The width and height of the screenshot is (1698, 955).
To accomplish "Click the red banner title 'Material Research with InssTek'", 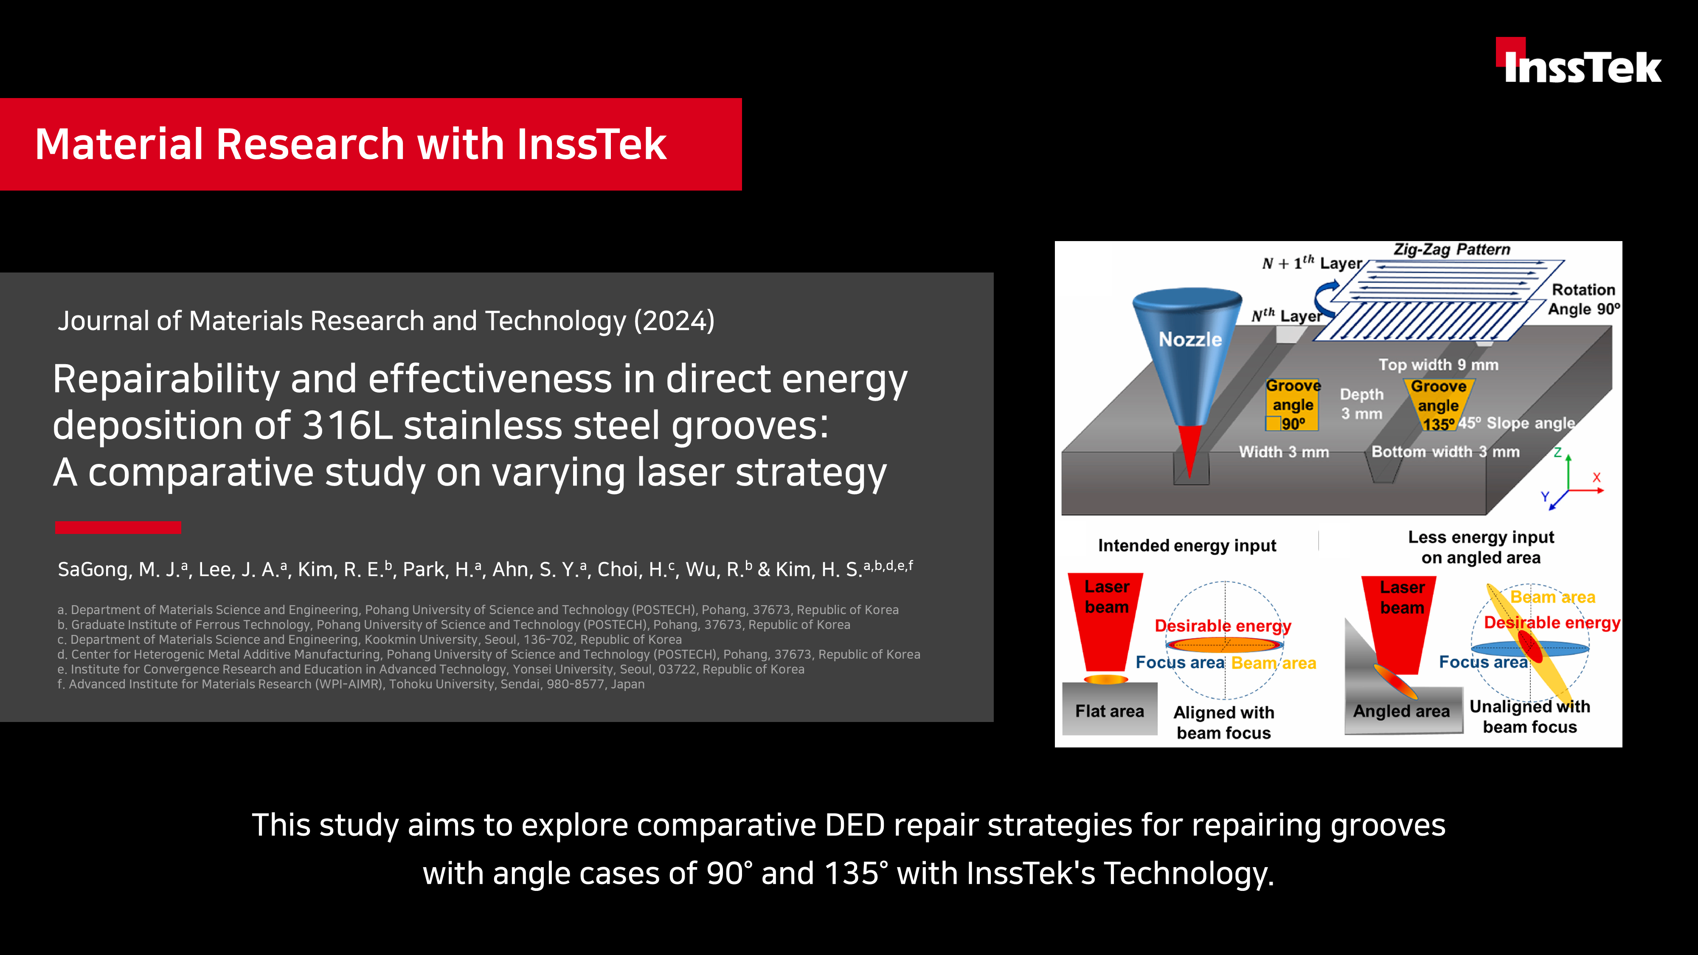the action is [x=351, y=144].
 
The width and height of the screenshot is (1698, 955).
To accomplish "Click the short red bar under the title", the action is [x=118, y=527].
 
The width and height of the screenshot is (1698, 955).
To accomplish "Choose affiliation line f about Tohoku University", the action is [x=351, y=684].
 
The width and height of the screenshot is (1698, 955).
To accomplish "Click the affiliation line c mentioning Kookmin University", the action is [x=369, y=639].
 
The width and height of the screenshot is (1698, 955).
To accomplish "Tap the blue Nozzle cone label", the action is [x=1190, y=340].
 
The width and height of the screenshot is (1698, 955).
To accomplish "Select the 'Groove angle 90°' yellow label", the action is [x=1293, y=404].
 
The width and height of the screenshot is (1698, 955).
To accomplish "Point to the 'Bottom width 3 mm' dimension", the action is [x=1445, y=452].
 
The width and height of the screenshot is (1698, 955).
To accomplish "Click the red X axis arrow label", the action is [x=1597, y=477].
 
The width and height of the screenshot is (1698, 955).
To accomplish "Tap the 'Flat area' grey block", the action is [x=1110, y=709].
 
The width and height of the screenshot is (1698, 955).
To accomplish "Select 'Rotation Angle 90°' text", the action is [x=1583, y=299].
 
